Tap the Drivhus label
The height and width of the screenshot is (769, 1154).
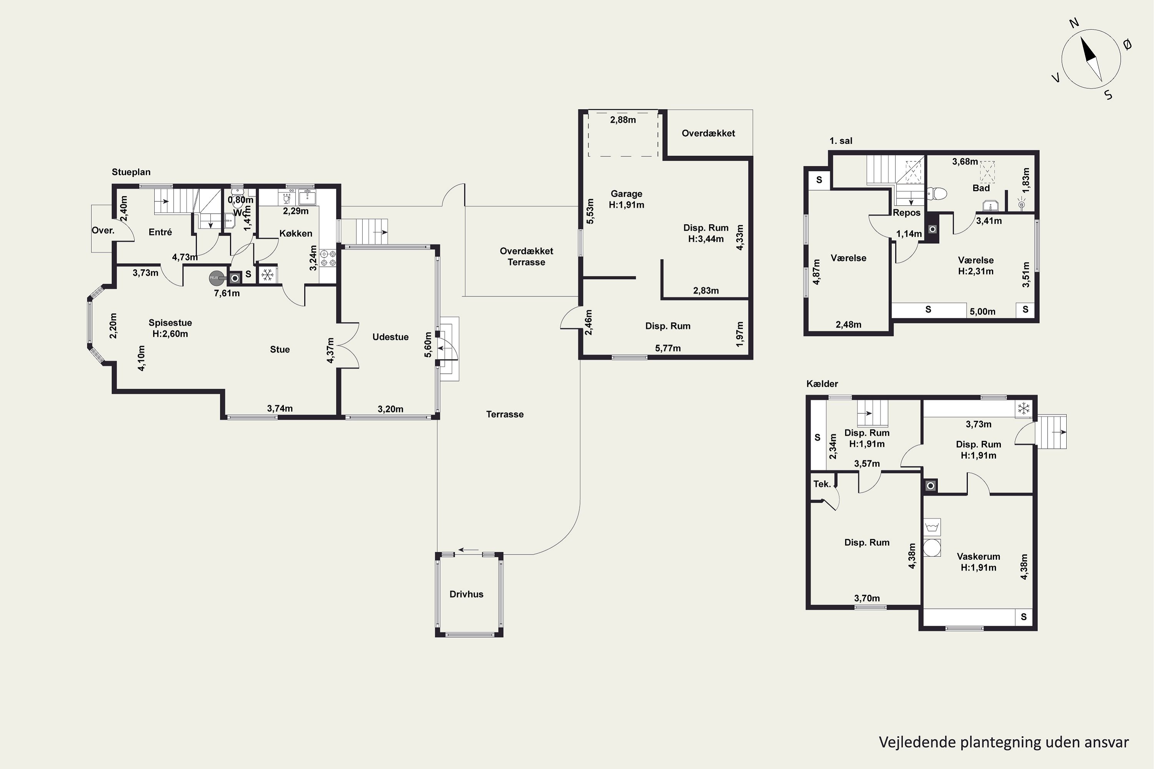(x=466, y=594)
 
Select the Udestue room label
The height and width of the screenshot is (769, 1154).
(x=390, y=337)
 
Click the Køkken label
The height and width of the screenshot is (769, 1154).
(x=296, y=233)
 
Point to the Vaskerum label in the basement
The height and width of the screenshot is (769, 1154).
(x=978, y=557)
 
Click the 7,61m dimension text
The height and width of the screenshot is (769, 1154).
(x=227, y=293)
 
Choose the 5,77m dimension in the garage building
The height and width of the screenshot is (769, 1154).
(x=668, y=348)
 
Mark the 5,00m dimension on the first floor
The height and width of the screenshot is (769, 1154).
(x=982, y=311)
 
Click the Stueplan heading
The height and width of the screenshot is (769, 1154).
(x=131, y=172)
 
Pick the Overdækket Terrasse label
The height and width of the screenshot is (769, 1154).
(x=527, y=256)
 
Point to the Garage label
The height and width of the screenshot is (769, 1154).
(x=627, y=194)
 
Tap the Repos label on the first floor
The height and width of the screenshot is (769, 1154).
(x=906, y=213)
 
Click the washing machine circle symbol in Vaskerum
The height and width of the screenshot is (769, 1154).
(x=932, y=548)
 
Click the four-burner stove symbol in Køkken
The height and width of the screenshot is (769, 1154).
(x=328, y=258)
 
